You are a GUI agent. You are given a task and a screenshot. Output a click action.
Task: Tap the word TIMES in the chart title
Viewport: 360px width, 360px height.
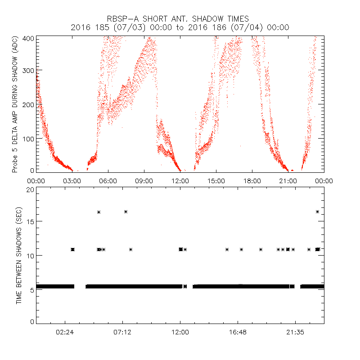tap(237, 19)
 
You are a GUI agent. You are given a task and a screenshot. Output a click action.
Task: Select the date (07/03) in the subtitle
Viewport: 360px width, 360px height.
tap(128, 27)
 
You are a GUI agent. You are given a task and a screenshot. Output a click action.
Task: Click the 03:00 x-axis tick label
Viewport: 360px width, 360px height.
tap(72, 180)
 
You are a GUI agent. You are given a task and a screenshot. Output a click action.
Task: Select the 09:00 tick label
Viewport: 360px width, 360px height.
tap(144, 180)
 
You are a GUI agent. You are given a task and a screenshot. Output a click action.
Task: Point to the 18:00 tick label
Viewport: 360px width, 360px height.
tap(252, 180)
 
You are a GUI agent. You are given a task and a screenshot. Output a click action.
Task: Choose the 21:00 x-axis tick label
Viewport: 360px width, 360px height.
tap(288, 180)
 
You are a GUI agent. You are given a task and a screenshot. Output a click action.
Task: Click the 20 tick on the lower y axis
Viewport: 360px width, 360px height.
tap(31, 190)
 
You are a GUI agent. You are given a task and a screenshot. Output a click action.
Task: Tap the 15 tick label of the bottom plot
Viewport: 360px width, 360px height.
tap(31, 221)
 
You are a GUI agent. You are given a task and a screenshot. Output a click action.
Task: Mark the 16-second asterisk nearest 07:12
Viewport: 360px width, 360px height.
tap(126, 211)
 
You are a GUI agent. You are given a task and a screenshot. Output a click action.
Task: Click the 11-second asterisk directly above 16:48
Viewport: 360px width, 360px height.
tap(242, 249)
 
